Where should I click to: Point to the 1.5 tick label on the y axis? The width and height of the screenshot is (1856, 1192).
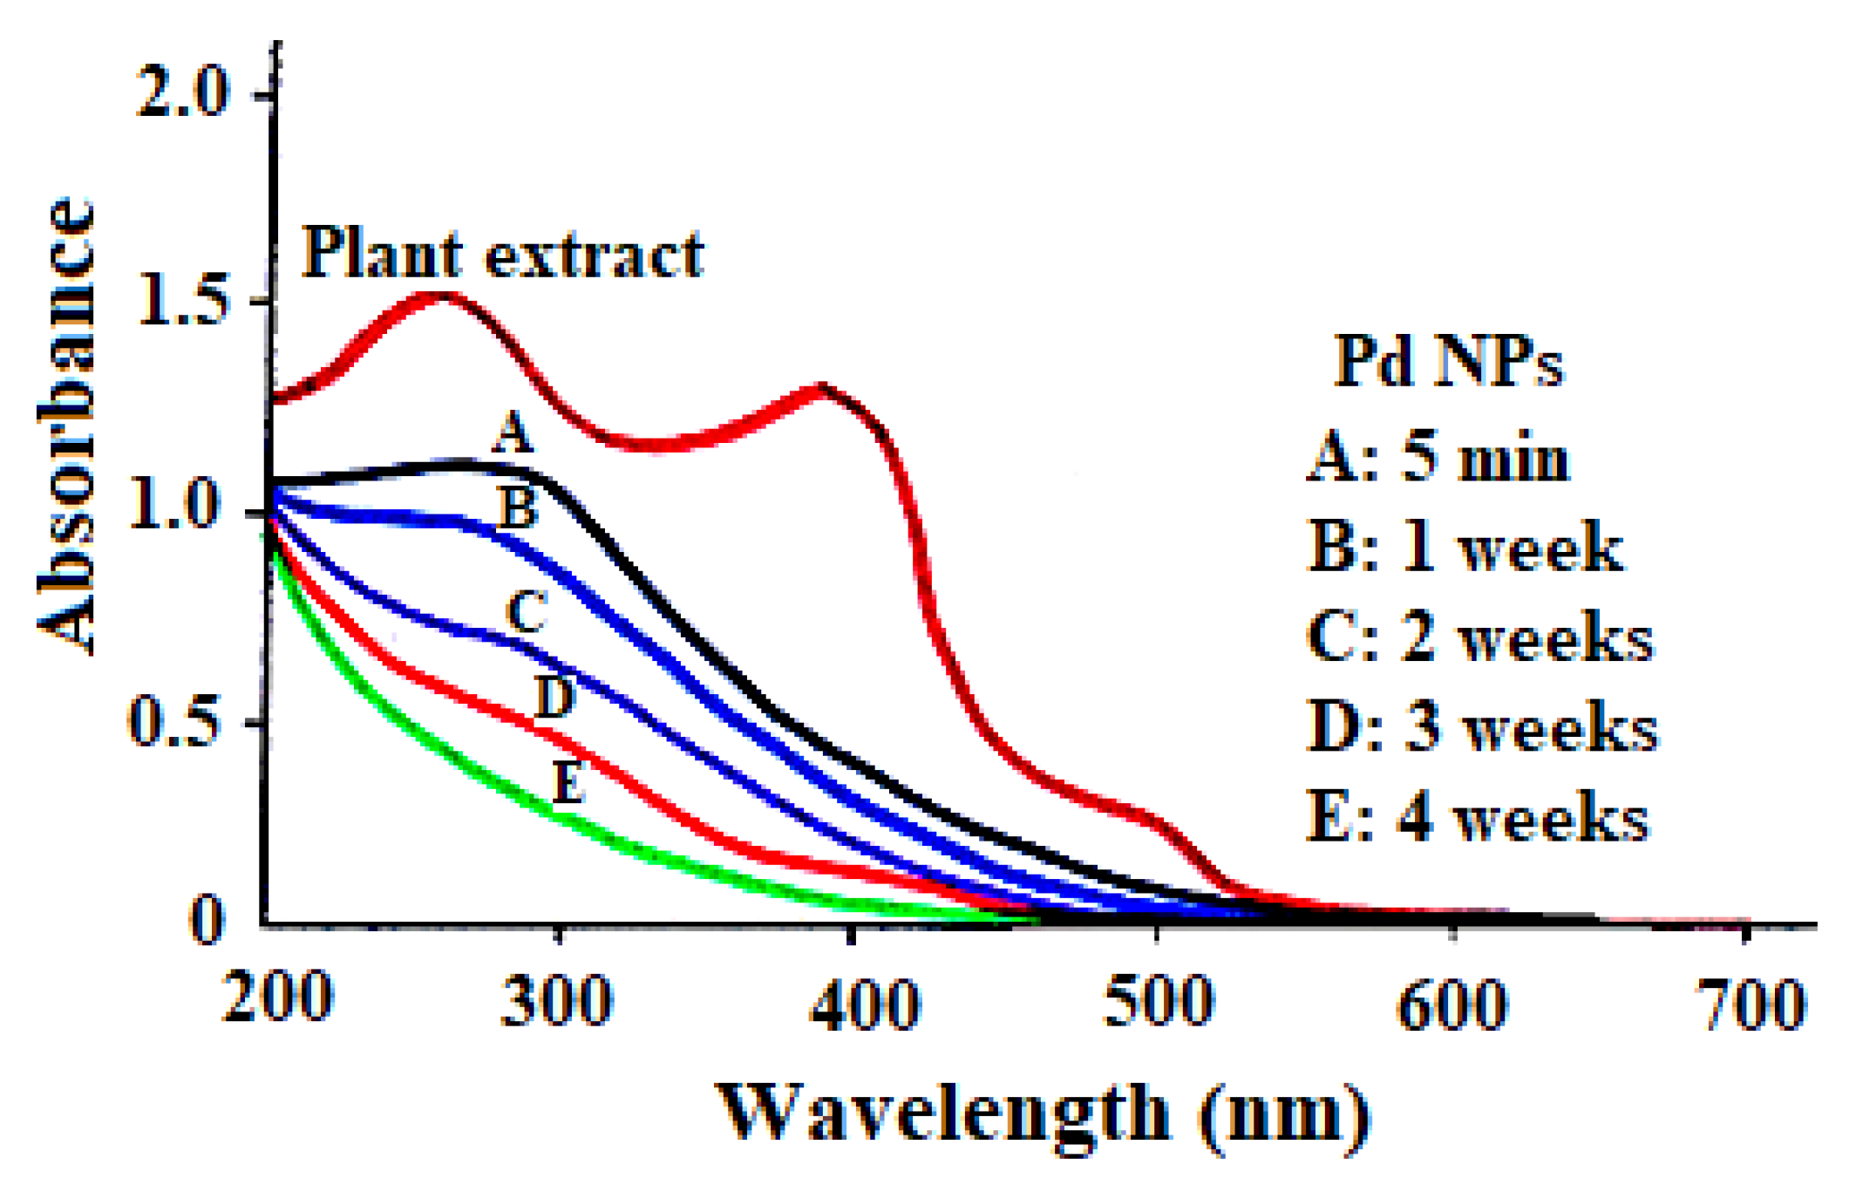(182, 302)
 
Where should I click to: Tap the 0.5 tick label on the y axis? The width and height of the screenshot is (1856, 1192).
(173, 722)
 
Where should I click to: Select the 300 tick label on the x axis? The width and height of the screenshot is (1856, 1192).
(556, 1001)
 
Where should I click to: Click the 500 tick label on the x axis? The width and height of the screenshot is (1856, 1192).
(1157, 1001)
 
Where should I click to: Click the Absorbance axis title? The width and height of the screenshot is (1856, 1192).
(65, 427)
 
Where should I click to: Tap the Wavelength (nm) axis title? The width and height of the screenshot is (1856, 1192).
(1042, 1114)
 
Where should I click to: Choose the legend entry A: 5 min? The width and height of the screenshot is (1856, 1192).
(1438, 457)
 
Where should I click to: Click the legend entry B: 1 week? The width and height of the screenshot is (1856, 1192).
(1466, 547)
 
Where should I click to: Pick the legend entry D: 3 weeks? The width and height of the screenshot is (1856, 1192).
(1483, 726)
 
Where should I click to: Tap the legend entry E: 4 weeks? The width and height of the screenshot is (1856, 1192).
(1479, 817)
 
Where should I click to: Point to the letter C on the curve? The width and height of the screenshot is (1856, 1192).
(527, 611)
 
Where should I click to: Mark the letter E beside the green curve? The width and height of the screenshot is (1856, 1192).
(568, 780)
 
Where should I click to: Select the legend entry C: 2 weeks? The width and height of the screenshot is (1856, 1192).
(1480, 637)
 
